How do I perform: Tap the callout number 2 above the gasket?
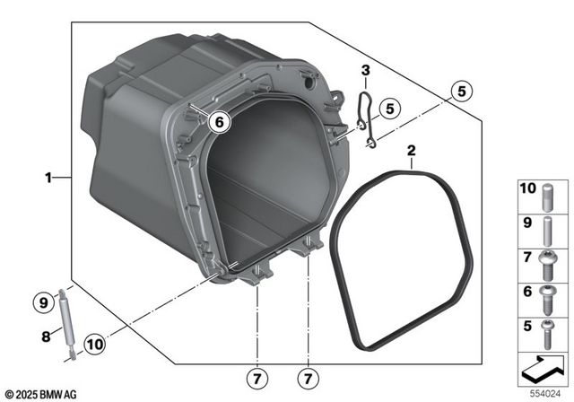[411, 151]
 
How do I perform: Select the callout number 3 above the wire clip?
[366, 71]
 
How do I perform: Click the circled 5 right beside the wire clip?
[387, 108]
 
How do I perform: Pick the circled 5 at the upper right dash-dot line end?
[460, 90]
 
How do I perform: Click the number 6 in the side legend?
[527, 291]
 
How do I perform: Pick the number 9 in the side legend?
[527, 223]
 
